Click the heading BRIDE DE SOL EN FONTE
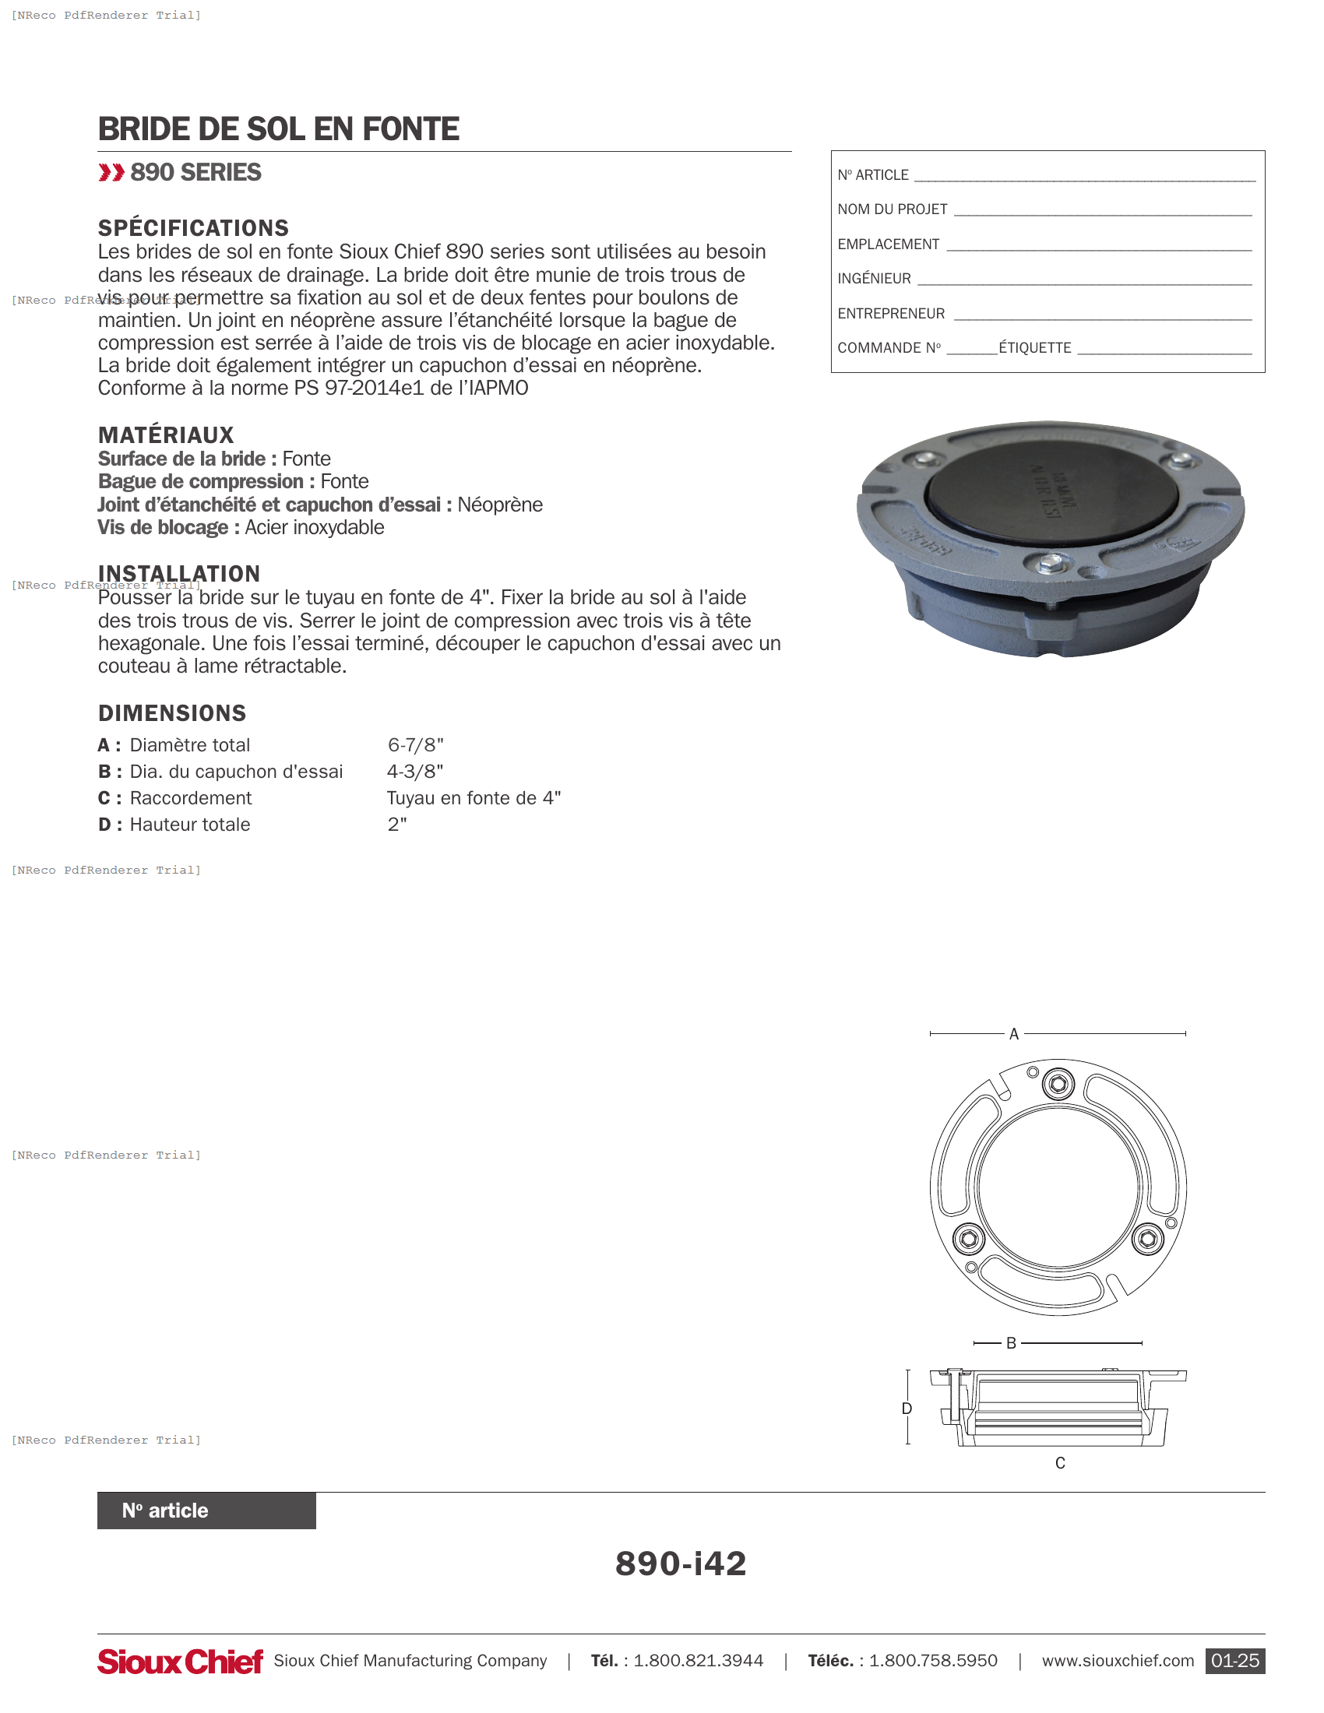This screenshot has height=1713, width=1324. pyautogui.click(x=278, y=129)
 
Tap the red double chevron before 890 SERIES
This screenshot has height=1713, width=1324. pyautogui.click(x=111, y=173)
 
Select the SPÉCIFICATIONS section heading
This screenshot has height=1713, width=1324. pyautogui.click(x=193, y=228)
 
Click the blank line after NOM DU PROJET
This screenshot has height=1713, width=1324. pyautogui.click(x=1101, y=210)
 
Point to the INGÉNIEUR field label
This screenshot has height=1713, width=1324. pyautogui.click(x=874, y=280)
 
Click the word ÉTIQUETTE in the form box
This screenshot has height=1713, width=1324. pyautogui.click(x=1034, y=348)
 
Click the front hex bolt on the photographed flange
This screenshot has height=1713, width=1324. pyautogui.click(x=1049, y=562)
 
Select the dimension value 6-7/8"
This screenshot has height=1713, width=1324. pyautogui.click(x=416, y=745)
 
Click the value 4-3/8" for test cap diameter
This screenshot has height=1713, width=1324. pyautogui.click(x=415, y=772)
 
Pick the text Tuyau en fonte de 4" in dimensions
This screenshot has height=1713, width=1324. pyautogui.click(x=474, y=798)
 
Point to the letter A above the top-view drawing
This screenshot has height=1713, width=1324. pyautogui.click(x=1013, y=1035)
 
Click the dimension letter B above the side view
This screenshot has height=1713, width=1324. pyautogui.click(x=1011, y=1344)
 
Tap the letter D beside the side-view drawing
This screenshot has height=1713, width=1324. pyautogui.click(x=907, y=1409)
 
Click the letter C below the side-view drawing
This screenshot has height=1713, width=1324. pyautogui.click(x=1060, y=1463)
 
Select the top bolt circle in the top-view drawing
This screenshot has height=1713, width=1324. pyautogui.click(x=1058, y=1085)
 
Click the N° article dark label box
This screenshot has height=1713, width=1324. pyautogui.click(x=206, y=1511)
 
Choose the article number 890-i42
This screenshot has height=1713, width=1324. pyautogui.click(x=680, y=1564)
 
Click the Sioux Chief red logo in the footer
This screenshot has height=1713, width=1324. pyautogui.click(x=180, y=1662)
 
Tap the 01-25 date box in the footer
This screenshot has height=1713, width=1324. pyautogui.click(x=1234, y=1662)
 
